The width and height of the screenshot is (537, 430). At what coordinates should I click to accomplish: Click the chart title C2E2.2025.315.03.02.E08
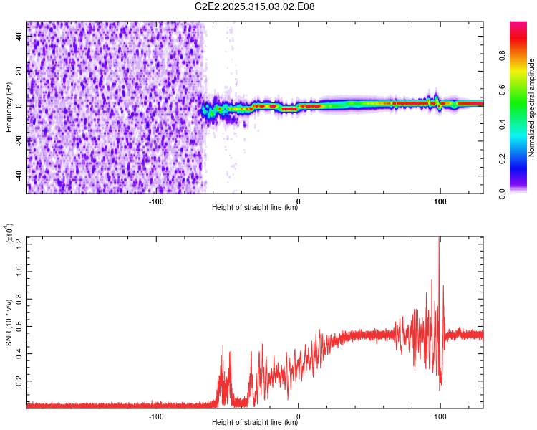pyautogui.click(x=256, y=6)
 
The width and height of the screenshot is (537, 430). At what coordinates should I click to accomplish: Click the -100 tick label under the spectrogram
pyautogui.click(x=156, y=201)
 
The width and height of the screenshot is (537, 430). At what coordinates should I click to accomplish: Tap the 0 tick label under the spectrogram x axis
pyautogui.click(x=299, y=201)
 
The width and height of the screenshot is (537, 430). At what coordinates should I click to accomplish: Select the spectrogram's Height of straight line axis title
pyautogui.click(x=255, y=208)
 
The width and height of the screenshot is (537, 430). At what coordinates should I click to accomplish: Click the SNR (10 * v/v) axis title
pyautogui.click(x=9, y=322)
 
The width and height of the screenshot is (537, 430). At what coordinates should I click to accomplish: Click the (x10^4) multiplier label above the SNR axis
pyautogui.click(x=9, y=233)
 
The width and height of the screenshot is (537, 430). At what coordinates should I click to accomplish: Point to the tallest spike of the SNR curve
pyautogui.click(x=439, y=239)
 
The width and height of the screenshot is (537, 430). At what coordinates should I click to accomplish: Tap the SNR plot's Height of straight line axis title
pyautogui.click(x=255, y=423)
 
